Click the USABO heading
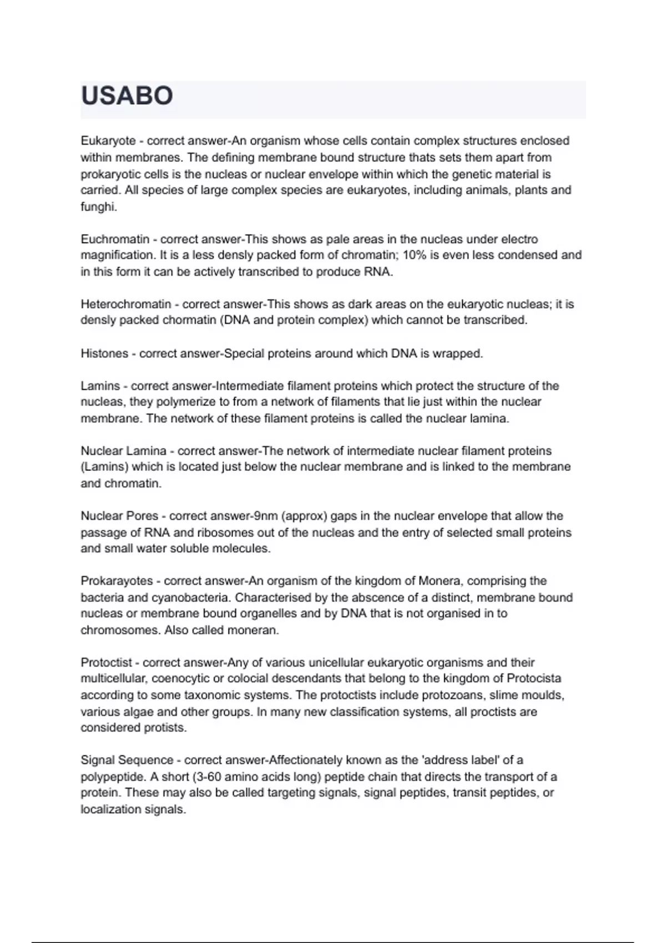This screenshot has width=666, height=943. coord(127,96)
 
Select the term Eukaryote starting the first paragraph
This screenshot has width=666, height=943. coord(108,141)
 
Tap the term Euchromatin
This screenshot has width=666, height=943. coord(115,239)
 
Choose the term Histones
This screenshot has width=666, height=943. coord(104,353)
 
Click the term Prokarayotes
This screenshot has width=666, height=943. coord(117,581)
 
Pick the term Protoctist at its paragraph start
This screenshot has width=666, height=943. coord(107,662)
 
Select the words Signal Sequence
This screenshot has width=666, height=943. coord(127,760)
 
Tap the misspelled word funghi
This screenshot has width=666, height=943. coord(98,207)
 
